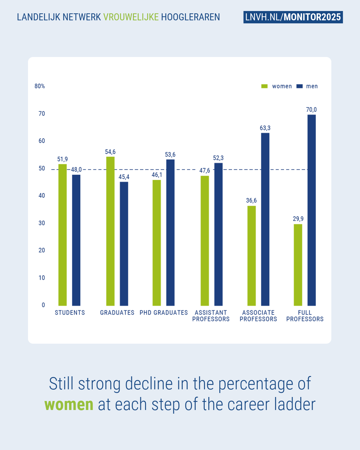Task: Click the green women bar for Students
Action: pos(62,235)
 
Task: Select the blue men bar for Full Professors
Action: pos(311,210)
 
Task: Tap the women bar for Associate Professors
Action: pos(251,256)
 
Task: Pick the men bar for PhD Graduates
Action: pos(170,232)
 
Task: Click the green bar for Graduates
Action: pos(110,231)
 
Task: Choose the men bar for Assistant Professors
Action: pos(218,234)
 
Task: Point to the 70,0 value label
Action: pos(311,110)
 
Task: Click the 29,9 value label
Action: pos(298,219)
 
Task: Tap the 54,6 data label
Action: pos(110,152)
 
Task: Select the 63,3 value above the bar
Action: pos(265,128)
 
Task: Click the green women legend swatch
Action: pos(264,86)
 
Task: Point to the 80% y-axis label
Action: pos(40,86)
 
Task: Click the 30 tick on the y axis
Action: pos(42,223)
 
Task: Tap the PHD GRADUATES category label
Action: pos(164,313)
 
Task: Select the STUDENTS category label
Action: pos(70,313)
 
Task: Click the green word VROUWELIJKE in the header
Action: pos(131,17)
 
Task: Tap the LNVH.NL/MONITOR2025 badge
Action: pos(293,17)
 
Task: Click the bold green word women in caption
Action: pos(69,404)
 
